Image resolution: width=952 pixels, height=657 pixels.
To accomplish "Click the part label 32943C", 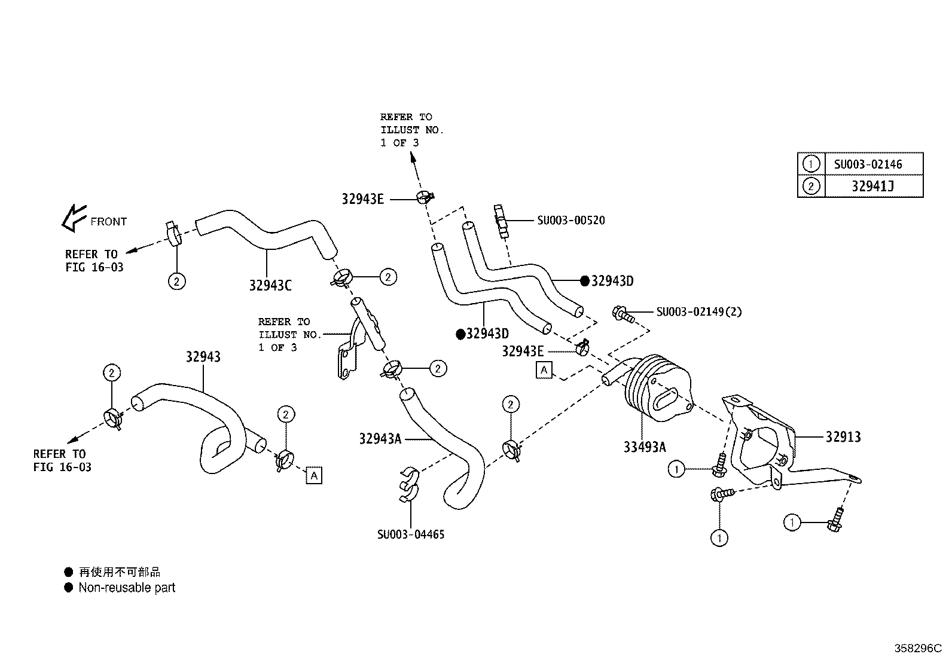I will point(270,286).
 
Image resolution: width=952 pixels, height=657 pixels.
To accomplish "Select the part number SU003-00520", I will point(570,221).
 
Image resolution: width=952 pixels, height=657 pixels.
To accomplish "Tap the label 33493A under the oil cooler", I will point(644,447).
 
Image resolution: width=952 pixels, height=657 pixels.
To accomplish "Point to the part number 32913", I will point(843,437).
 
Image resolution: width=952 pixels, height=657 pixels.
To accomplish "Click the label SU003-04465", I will point(410,534).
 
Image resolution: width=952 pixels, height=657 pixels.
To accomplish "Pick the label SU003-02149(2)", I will point(698,312).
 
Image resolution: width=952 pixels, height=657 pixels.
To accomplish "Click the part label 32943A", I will point(380,439).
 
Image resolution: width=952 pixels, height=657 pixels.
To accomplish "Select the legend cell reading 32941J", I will point(872,187).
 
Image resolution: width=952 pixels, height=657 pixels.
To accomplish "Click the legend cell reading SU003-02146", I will point(868,164).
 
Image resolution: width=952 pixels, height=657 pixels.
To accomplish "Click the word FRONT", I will point(108,222).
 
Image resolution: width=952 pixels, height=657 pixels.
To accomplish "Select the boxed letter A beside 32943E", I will point(544,370).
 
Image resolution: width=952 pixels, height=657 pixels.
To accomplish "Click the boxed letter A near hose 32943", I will point(313,475).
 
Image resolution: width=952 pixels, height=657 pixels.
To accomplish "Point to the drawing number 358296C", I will point(917,648).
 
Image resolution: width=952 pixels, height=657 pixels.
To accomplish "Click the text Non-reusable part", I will point(127,588).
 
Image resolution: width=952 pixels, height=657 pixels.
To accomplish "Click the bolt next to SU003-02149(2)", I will point(622,314).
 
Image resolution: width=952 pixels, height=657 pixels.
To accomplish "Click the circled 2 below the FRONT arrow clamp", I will point(176,280).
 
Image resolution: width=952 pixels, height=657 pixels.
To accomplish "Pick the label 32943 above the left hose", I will point(203,357).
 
